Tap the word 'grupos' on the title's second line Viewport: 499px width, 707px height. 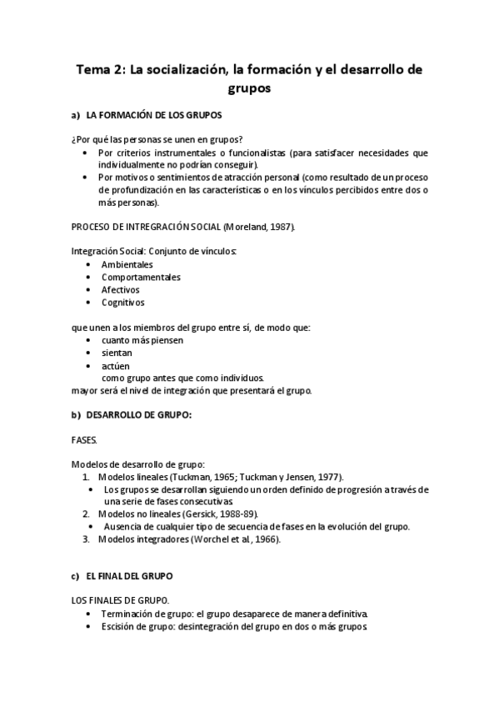click(x=249, y=88)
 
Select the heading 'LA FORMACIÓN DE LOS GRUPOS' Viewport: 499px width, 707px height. click(x=153, y=116)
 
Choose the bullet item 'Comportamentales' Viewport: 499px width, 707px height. click(x=141, y=277)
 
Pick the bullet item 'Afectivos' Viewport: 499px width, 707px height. click(x=121, y=289)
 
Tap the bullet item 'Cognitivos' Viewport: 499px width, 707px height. click(x=123, y=302)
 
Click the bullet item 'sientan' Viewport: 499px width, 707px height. click(x=117, y=353)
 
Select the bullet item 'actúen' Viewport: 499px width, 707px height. click(x=116, y=365)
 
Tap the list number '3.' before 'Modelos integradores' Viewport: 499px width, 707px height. click(x=86, y=539)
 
